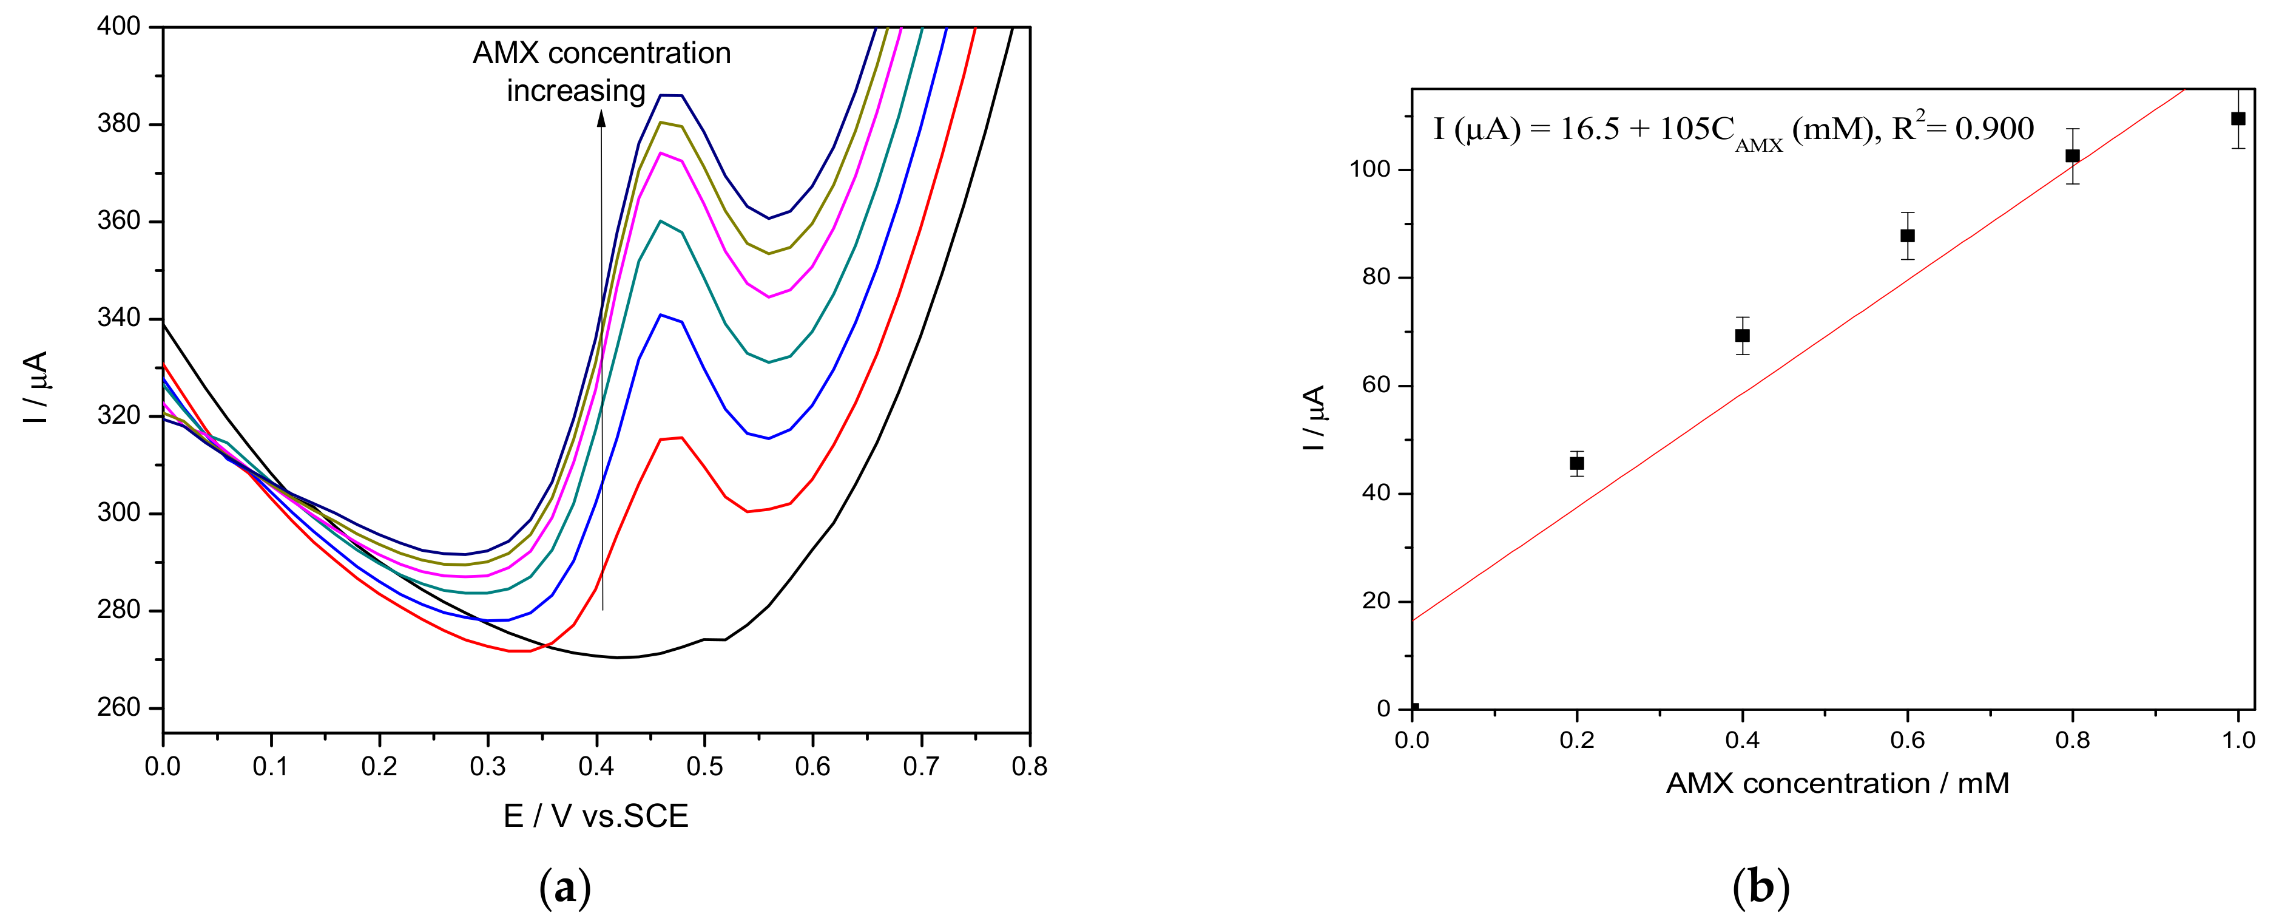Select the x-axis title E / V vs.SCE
[595, 816]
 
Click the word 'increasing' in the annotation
[576, 91]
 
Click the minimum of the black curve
[618, 657]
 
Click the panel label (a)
[564, 887]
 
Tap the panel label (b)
[1761, 887]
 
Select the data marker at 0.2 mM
[1576, 463]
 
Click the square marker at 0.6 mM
[1908, 236]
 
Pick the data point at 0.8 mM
[2072, 156]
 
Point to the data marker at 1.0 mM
[2237, 118]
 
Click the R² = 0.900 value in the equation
[1962, 129]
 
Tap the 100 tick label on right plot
[1371, 169]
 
